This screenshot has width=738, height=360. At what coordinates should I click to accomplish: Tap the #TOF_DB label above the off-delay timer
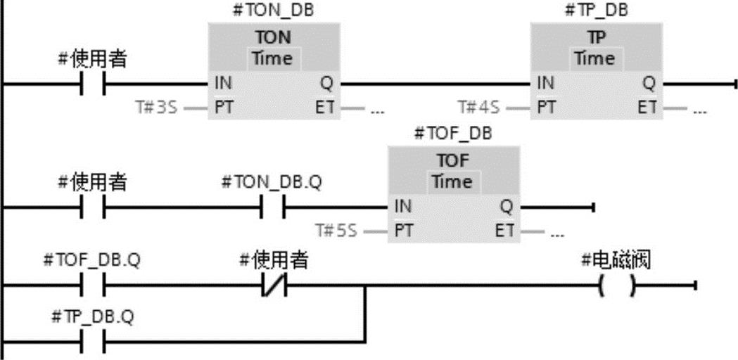click(453, 134)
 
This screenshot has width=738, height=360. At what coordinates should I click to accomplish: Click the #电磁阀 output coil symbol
click(616, 285)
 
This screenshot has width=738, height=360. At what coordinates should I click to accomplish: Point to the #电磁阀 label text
click(616, 260)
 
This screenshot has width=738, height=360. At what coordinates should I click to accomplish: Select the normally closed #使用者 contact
click(274, 285)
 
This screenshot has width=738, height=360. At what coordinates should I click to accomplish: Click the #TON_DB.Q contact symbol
click(274, 207)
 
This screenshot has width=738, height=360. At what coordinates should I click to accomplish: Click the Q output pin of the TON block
click(326, 84)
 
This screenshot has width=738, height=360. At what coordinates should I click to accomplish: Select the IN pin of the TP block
click(545, 84)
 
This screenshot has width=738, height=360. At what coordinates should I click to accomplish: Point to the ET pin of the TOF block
click(504, 231)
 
